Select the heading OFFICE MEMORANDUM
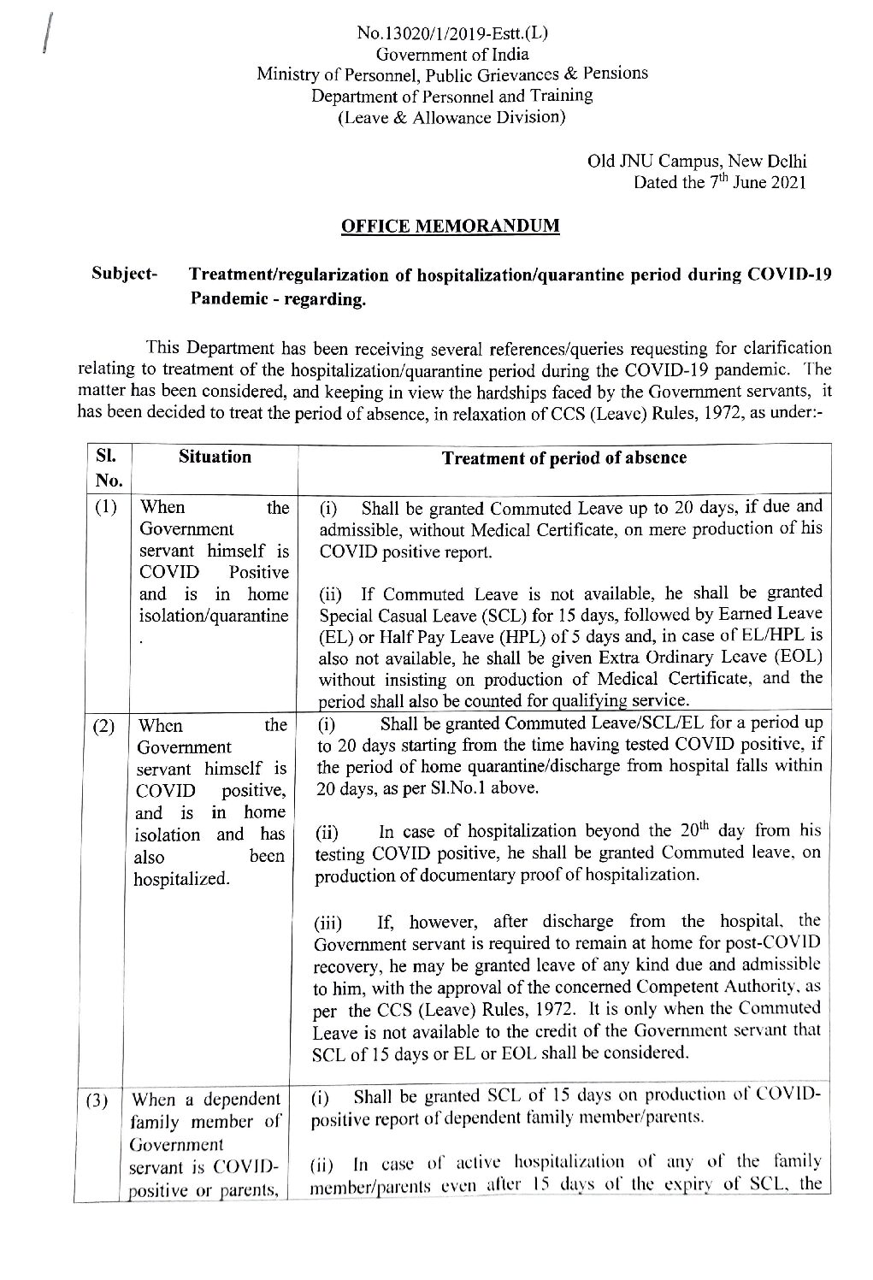tap(451, 227)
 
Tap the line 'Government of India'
tap(451, 54)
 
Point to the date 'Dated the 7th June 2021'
tap(719, 181)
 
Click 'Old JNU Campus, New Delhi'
tap(697, 161)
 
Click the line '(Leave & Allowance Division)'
tap(451, 116)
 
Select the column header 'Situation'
tap(215, 457)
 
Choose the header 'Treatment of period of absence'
tap(563, 457)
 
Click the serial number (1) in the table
tap(105, 508)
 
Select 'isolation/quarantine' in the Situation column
tap(214, 616)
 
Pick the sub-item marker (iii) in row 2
tap(327, 923)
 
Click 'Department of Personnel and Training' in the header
tap(451, 96)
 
